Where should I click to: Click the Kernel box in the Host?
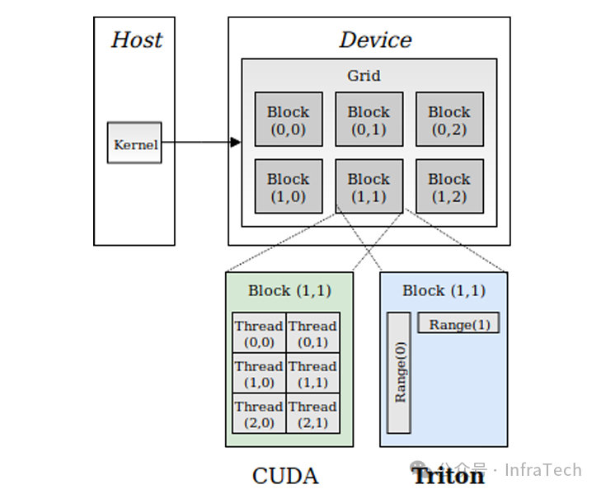(134, 143)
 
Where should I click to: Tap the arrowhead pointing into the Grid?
(235, 143)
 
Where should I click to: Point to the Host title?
(136, 40)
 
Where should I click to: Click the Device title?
(375, 40)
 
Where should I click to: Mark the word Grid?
(364, 76)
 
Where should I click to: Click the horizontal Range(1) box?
(458, 323)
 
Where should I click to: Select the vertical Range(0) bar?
(399, 373)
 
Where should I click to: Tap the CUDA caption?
(285, 476)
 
